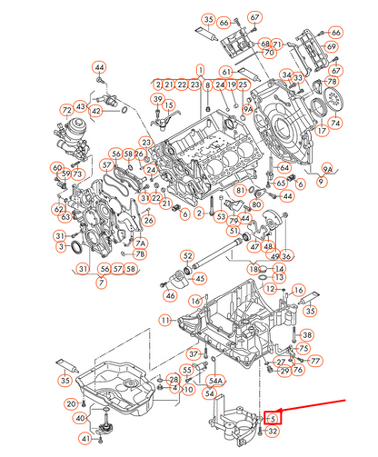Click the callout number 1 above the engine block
(x=200, y=70)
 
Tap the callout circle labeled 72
(x=65, y=110)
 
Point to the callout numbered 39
(x=156, y=99)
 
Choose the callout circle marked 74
(x=335, y=123)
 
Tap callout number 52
(x=187, y=256)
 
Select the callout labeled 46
(x=170, y=295)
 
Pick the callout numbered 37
(x=194, y=353)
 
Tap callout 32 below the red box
(x=273, y=432)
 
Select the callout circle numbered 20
(x=70, y=402)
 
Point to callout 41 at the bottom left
(x=85, y=439)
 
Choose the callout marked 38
(x=306, y=335)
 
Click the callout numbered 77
(x=315, y=361)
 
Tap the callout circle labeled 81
(x=240, y=191)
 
